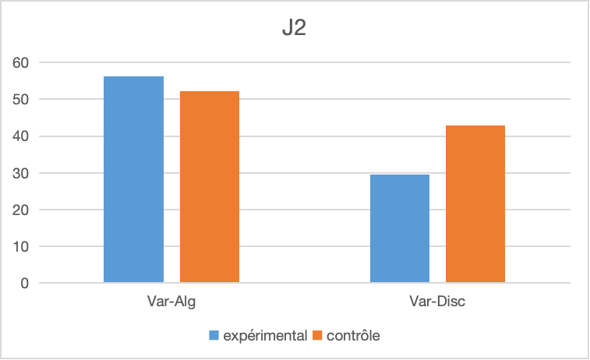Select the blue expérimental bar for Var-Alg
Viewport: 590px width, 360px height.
pos(133,179)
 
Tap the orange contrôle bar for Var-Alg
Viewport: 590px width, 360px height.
pos(209,187)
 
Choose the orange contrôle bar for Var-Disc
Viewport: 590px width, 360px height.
pos(475,204)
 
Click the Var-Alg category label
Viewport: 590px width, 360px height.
pos(171,302)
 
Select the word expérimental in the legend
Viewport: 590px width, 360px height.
pos(265,336)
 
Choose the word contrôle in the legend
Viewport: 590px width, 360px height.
pos(353,336)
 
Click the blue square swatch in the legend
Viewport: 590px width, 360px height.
pos(214,336)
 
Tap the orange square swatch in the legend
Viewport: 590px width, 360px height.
pos(317,336)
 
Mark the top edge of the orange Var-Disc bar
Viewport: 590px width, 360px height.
pos(475,126)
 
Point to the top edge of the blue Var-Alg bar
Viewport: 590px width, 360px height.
pos(133,77)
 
